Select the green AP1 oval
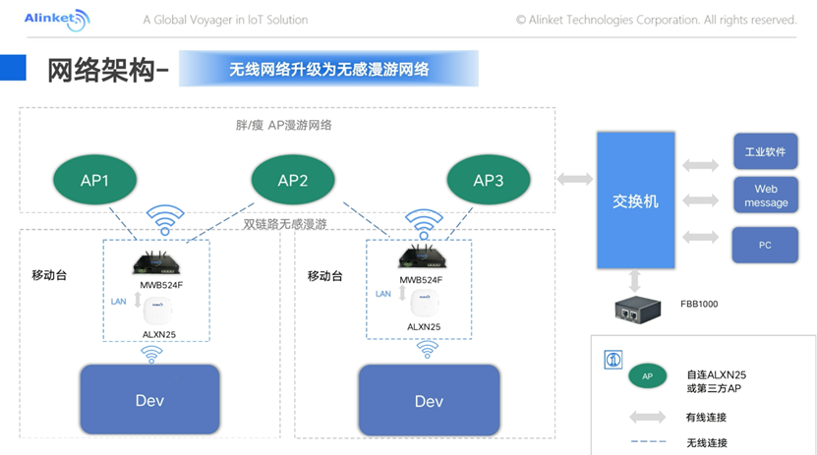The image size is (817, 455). [94, 181]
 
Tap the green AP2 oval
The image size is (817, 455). [293, 180]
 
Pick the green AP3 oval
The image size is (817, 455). [489, 181]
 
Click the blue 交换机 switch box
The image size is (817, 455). [636, 200]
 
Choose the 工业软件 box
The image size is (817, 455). [765, 152]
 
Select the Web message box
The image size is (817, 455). [765, 196]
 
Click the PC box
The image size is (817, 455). [765, 245]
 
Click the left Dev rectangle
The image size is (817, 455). [150, 401]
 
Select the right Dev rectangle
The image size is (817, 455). [429, 401]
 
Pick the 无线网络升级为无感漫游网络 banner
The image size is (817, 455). [328, 70]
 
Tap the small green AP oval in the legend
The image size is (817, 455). [647, 375]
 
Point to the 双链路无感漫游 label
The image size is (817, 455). [285, 224]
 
